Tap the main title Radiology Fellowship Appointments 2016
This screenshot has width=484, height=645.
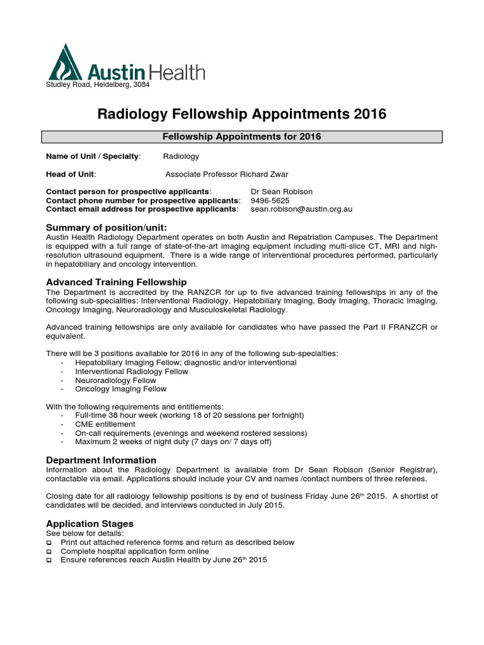[241, 114]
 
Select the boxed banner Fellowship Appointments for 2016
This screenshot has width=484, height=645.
[242, 137]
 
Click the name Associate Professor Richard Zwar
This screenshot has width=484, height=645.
[227, 174]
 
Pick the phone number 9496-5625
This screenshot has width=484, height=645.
[270, 200]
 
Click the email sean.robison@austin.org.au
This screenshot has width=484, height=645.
[301, 209]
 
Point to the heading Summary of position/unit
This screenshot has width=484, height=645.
[107, 227]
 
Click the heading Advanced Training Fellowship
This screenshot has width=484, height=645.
[117, 282]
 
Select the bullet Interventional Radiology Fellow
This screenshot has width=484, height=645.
[131, 372]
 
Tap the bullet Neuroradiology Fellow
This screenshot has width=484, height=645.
[115, 380]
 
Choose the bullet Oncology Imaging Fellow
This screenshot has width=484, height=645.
[120, 389]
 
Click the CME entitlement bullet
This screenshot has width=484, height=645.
[105, 425]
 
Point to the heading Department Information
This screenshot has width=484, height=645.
[101, 460]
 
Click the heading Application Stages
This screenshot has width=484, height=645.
[90, 523]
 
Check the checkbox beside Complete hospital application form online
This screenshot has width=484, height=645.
[50, 551]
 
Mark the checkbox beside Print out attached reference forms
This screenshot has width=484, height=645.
[50, 542]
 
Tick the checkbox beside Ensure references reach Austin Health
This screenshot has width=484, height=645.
[50, 560]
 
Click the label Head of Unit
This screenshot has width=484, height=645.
[71, 174]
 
